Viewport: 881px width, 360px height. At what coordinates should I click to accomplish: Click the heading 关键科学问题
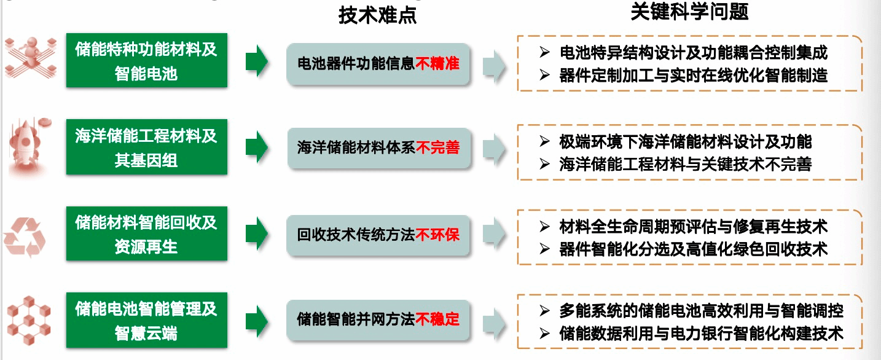[x=689, y=12]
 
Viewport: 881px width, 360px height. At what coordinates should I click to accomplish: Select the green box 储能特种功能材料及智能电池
[x=146, y=61]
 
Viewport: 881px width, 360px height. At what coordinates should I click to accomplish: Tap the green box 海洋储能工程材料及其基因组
[x=146, y=147]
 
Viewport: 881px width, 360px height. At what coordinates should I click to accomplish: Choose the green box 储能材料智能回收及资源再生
[x=146, y=234]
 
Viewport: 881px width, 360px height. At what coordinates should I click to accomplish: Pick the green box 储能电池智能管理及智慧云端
[x=146, y=320]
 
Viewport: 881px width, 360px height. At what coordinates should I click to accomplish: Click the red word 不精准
[x=437, y=63]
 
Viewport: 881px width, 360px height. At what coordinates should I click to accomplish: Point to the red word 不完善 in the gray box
[x=437, y=148]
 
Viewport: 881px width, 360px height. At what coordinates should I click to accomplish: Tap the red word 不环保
[x=437, y=235]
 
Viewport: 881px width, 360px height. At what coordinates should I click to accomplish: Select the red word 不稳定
[x=437, y=319]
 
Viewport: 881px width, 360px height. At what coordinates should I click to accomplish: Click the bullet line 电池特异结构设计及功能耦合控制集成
[x=693, y=53]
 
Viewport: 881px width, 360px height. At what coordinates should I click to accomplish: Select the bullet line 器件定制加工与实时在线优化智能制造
[x=693, y=75]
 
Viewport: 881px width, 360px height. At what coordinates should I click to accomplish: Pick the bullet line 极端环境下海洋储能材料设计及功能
[x=685, y=142]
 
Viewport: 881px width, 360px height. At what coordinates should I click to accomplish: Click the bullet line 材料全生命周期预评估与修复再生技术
[x=693, y=226]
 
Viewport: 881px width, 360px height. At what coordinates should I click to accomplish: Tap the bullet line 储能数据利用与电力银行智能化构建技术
[x=701, y=334]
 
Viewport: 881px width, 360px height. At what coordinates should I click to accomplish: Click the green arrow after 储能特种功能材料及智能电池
[x=256, y=61]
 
